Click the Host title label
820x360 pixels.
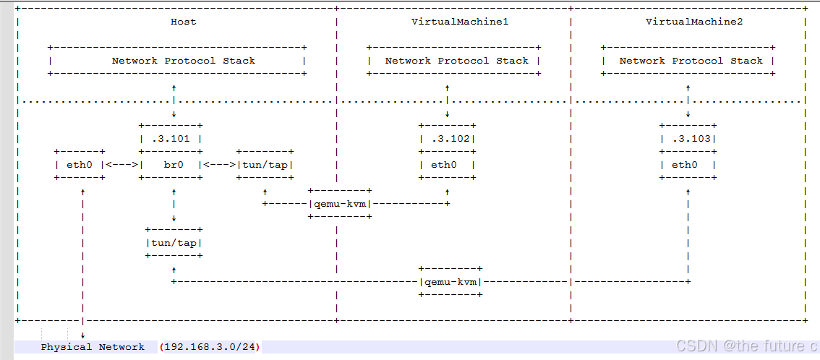pos(183,22)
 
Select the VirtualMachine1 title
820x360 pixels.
pos(453,22)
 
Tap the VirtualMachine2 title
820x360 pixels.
pos(687,22)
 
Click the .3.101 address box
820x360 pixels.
pos(171,139)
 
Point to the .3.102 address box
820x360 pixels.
pos(448,139)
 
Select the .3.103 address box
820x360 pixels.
pos(688,139)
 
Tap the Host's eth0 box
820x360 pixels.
pos(80,165)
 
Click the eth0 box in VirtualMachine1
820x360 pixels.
pos(448,165)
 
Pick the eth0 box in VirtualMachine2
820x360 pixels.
pos(688,165)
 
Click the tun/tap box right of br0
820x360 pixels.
pos(265,165)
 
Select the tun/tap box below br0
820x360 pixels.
pos(174,242)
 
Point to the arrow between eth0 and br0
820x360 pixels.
pos(122,165)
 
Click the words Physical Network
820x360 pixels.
pos(93,347)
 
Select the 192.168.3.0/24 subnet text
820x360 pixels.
pos(210,347)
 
